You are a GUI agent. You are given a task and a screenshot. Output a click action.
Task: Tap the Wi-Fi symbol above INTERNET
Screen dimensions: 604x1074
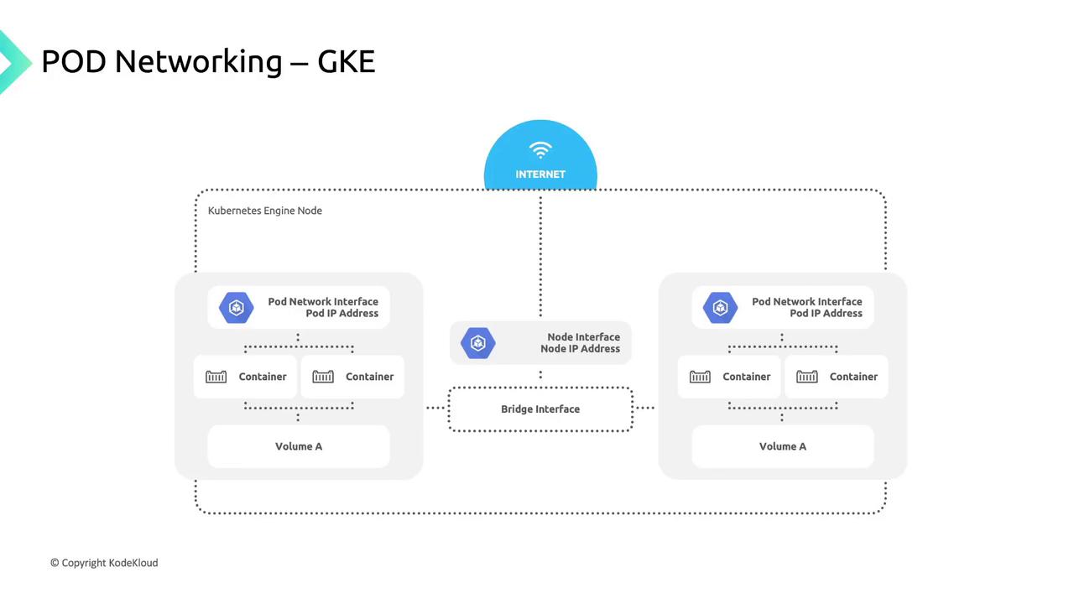pos(540,150)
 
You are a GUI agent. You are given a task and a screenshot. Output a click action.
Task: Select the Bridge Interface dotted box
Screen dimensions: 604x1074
pos(540,409)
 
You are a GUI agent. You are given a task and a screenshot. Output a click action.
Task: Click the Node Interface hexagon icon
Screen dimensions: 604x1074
pos(478,343)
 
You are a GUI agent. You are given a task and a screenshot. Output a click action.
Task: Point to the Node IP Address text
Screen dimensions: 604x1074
pos(580,349)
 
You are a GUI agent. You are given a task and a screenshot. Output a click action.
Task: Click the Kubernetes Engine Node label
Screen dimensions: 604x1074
pos(265,211)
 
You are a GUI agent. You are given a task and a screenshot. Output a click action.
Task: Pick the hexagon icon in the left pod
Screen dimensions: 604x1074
pos(236,308)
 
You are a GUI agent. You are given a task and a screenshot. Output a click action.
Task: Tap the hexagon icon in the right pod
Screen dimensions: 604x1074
pos(720,308)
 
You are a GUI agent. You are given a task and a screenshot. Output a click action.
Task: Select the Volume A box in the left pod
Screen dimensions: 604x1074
pos(299,446)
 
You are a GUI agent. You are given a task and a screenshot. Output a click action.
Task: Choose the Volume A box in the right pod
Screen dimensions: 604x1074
pos(783,446)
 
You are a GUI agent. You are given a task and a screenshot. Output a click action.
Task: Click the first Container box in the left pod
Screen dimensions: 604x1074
pos(245,377)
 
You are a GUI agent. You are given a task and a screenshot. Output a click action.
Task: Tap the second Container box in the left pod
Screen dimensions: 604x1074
pos(352,377)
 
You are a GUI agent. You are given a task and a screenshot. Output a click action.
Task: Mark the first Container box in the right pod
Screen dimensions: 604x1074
pos(729,377)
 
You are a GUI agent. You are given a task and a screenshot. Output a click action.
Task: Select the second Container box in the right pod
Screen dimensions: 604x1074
pos(837,377)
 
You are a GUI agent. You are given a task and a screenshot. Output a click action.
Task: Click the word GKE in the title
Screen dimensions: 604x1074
pos(346,61)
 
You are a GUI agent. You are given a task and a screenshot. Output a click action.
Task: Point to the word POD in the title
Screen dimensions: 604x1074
pos(73,61)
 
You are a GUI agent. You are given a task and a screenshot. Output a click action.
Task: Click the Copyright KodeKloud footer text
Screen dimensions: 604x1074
pos(104,563)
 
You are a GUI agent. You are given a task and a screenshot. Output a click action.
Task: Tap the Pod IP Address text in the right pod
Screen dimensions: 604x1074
pos(826,314)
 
